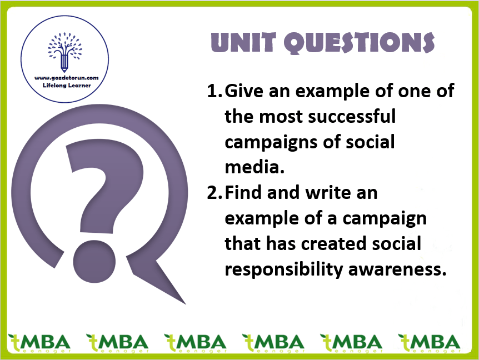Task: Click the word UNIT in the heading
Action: [x=243, y=42]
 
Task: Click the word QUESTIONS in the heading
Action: [x=359, y=43]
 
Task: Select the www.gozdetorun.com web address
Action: [x=67, y=78]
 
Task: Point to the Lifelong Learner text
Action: [x=67, y=86]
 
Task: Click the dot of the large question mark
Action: [x=94, y=262]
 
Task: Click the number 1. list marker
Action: [x=214, y=91]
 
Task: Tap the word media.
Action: [x=255, y=167]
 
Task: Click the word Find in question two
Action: [x=243, y=193]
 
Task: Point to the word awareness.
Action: [x=397, y=269]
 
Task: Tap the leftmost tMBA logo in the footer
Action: [x=39, y=343]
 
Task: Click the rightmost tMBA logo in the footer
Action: [x=429, y=343]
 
